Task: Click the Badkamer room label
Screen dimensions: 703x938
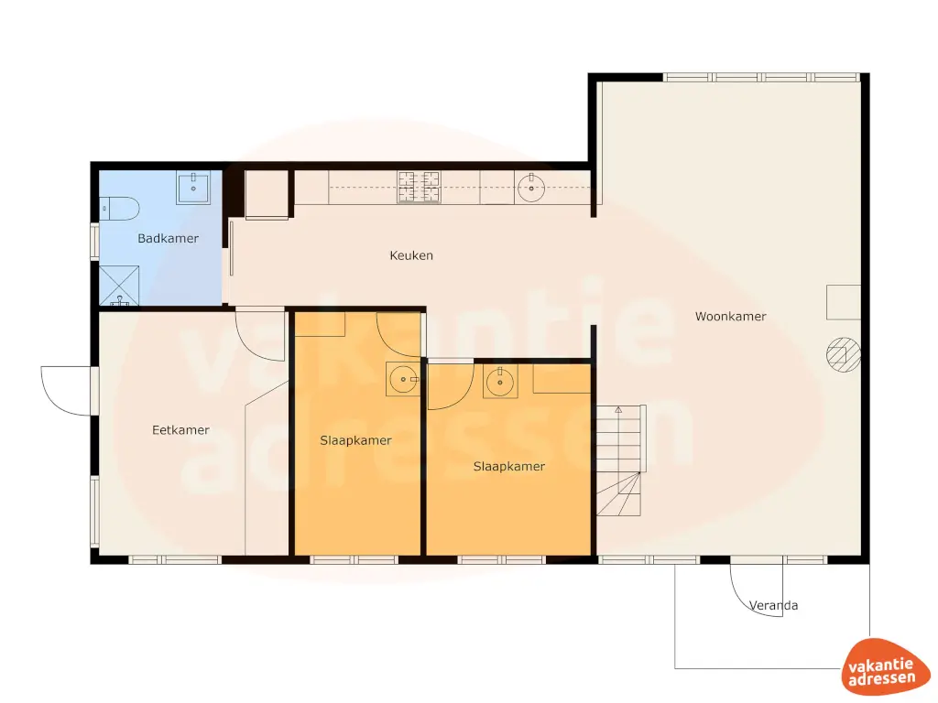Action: pos(168,239)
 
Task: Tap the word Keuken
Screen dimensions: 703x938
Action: pos(411,255)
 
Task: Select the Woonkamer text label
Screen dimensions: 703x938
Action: pos(730,317)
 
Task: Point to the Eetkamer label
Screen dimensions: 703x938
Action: pos(180,430)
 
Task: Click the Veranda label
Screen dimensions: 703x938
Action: pos(773,605)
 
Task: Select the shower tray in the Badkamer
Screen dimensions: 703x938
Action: pos(120,285)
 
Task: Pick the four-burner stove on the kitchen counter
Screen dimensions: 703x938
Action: pos(419,188)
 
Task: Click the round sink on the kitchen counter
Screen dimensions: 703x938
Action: pos(531,189)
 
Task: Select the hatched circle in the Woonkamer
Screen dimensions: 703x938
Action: pos(843,354)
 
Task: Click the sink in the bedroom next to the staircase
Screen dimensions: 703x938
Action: pos(499,382)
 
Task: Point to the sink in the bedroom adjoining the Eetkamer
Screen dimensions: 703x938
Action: pos(402,379)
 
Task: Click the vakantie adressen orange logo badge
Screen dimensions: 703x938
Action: pos(878,665)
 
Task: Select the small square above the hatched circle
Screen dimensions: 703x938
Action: pos(843,301)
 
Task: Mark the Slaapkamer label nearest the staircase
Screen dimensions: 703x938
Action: pos(509,467)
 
